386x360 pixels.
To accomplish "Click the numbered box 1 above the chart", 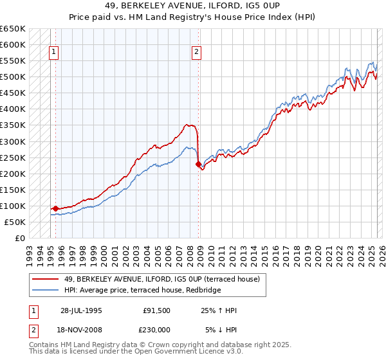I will pyautogui.click(x=53, y=53).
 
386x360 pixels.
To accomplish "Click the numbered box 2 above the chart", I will pyautogui.click(x=196, y=53).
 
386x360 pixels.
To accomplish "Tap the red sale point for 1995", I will pyautogui.click(x=55, y=208).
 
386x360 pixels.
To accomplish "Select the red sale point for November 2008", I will pyautogui.click(x=198, y=164).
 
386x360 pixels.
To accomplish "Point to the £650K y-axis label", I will pyautogui.click(x=12, y=29).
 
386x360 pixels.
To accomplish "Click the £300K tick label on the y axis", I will pyautogui.click(x=12, y=141).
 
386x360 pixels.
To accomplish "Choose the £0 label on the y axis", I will pyautogui.click(x=19, y=238).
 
